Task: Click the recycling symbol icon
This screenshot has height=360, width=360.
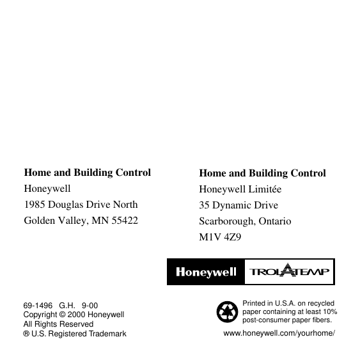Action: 227,311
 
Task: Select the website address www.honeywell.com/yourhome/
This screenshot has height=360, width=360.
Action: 279,334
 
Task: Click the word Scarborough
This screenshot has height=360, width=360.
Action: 226,221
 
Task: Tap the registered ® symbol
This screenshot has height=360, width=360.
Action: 26,334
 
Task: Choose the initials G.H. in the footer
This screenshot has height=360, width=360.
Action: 67,306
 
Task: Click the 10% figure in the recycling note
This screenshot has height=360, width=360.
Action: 330,311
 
